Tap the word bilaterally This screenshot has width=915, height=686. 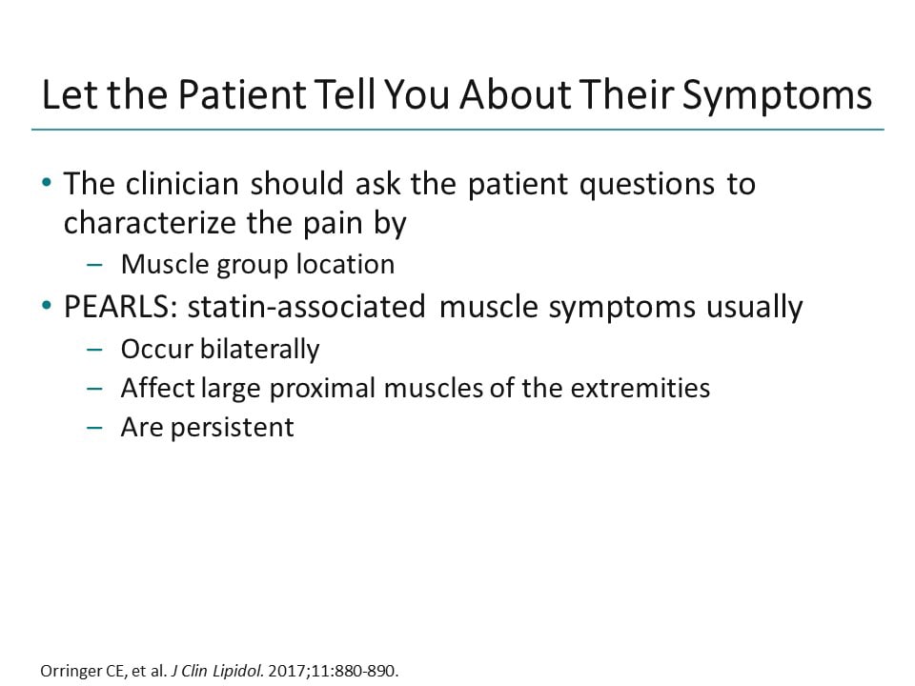[x=259, y=349]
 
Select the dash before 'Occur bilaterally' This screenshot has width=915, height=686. [x=93, y=349]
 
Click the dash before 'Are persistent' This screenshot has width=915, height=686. [x=93, y=427]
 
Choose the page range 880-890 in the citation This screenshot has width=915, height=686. [x=365, y=670]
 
